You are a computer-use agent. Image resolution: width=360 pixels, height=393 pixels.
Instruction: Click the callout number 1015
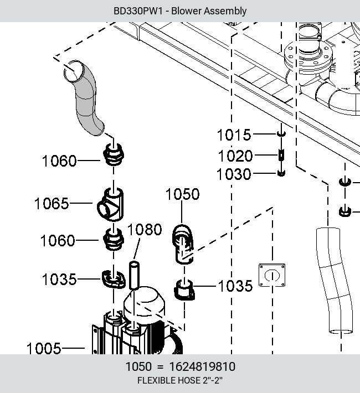click(x=234, y=135)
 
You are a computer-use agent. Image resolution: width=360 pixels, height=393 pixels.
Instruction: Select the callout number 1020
click(x=235, y=156)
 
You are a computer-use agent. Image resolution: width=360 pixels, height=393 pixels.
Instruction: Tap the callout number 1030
click(x=234, y=174)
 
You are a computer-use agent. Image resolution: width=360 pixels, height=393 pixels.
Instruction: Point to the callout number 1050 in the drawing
click(x=183, y=194)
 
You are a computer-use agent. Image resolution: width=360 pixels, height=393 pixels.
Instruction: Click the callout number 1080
click(x=145, y=230)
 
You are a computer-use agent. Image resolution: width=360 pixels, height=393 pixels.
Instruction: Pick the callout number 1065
click(x=52, y=203)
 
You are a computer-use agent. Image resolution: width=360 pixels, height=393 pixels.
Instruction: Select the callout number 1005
click(x=44, y=349)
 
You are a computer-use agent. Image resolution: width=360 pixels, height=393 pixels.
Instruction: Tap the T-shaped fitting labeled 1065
click(x=110, y=205)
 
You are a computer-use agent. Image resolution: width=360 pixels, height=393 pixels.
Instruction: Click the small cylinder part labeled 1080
click(x=134, y=276)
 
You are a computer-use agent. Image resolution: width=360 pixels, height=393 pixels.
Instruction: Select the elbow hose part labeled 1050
click(x=183, y=244)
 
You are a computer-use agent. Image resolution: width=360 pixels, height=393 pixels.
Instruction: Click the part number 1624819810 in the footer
click(x=203, y=366)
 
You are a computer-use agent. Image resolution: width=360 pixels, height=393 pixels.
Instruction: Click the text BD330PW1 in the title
click(x=138, y=11)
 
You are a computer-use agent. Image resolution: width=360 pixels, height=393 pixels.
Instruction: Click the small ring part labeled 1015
click(x=281, y=133)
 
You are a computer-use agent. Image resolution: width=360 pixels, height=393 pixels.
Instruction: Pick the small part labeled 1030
click(x=281, y=173)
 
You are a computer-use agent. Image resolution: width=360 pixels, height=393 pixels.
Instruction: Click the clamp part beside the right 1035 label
click(x=184, y=290)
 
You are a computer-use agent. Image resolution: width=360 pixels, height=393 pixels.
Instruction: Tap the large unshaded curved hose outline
click(x=335, y=281)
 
